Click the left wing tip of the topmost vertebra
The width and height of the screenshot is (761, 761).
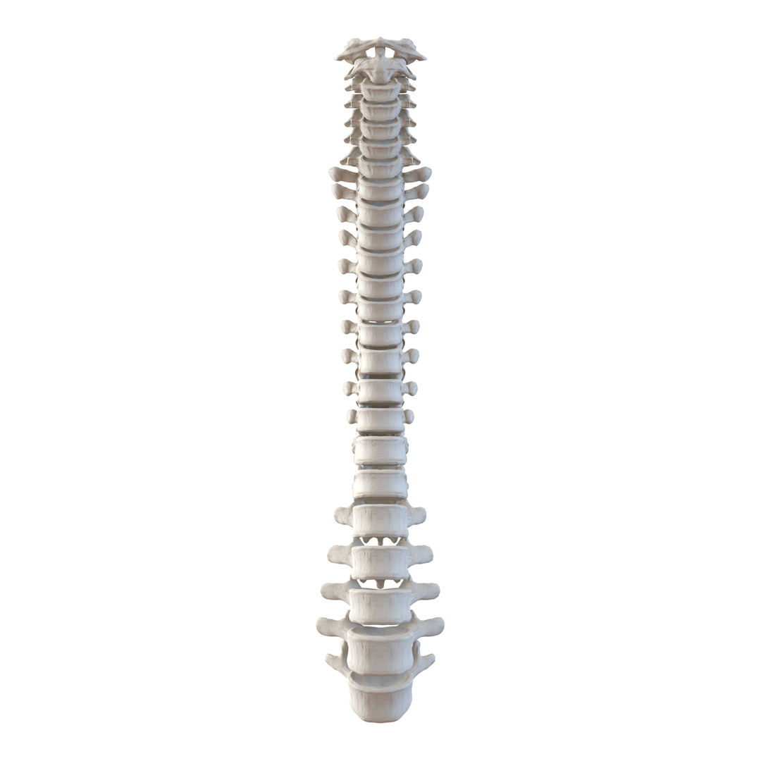[339, 56]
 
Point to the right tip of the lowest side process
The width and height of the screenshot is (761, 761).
[431, 661]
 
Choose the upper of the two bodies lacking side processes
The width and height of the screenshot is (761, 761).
[380, 450]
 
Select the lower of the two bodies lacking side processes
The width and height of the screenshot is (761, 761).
[380, 484]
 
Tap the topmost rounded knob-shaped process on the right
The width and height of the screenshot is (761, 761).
[426, 173]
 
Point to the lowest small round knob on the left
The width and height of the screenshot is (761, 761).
[352, 416]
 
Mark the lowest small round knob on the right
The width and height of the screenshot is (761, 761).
[409, 416]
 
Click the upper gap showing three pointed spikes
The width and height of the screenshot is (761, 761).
[380, 541]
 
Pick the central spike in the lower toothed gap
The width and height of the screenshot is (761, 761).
[380, 584]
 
